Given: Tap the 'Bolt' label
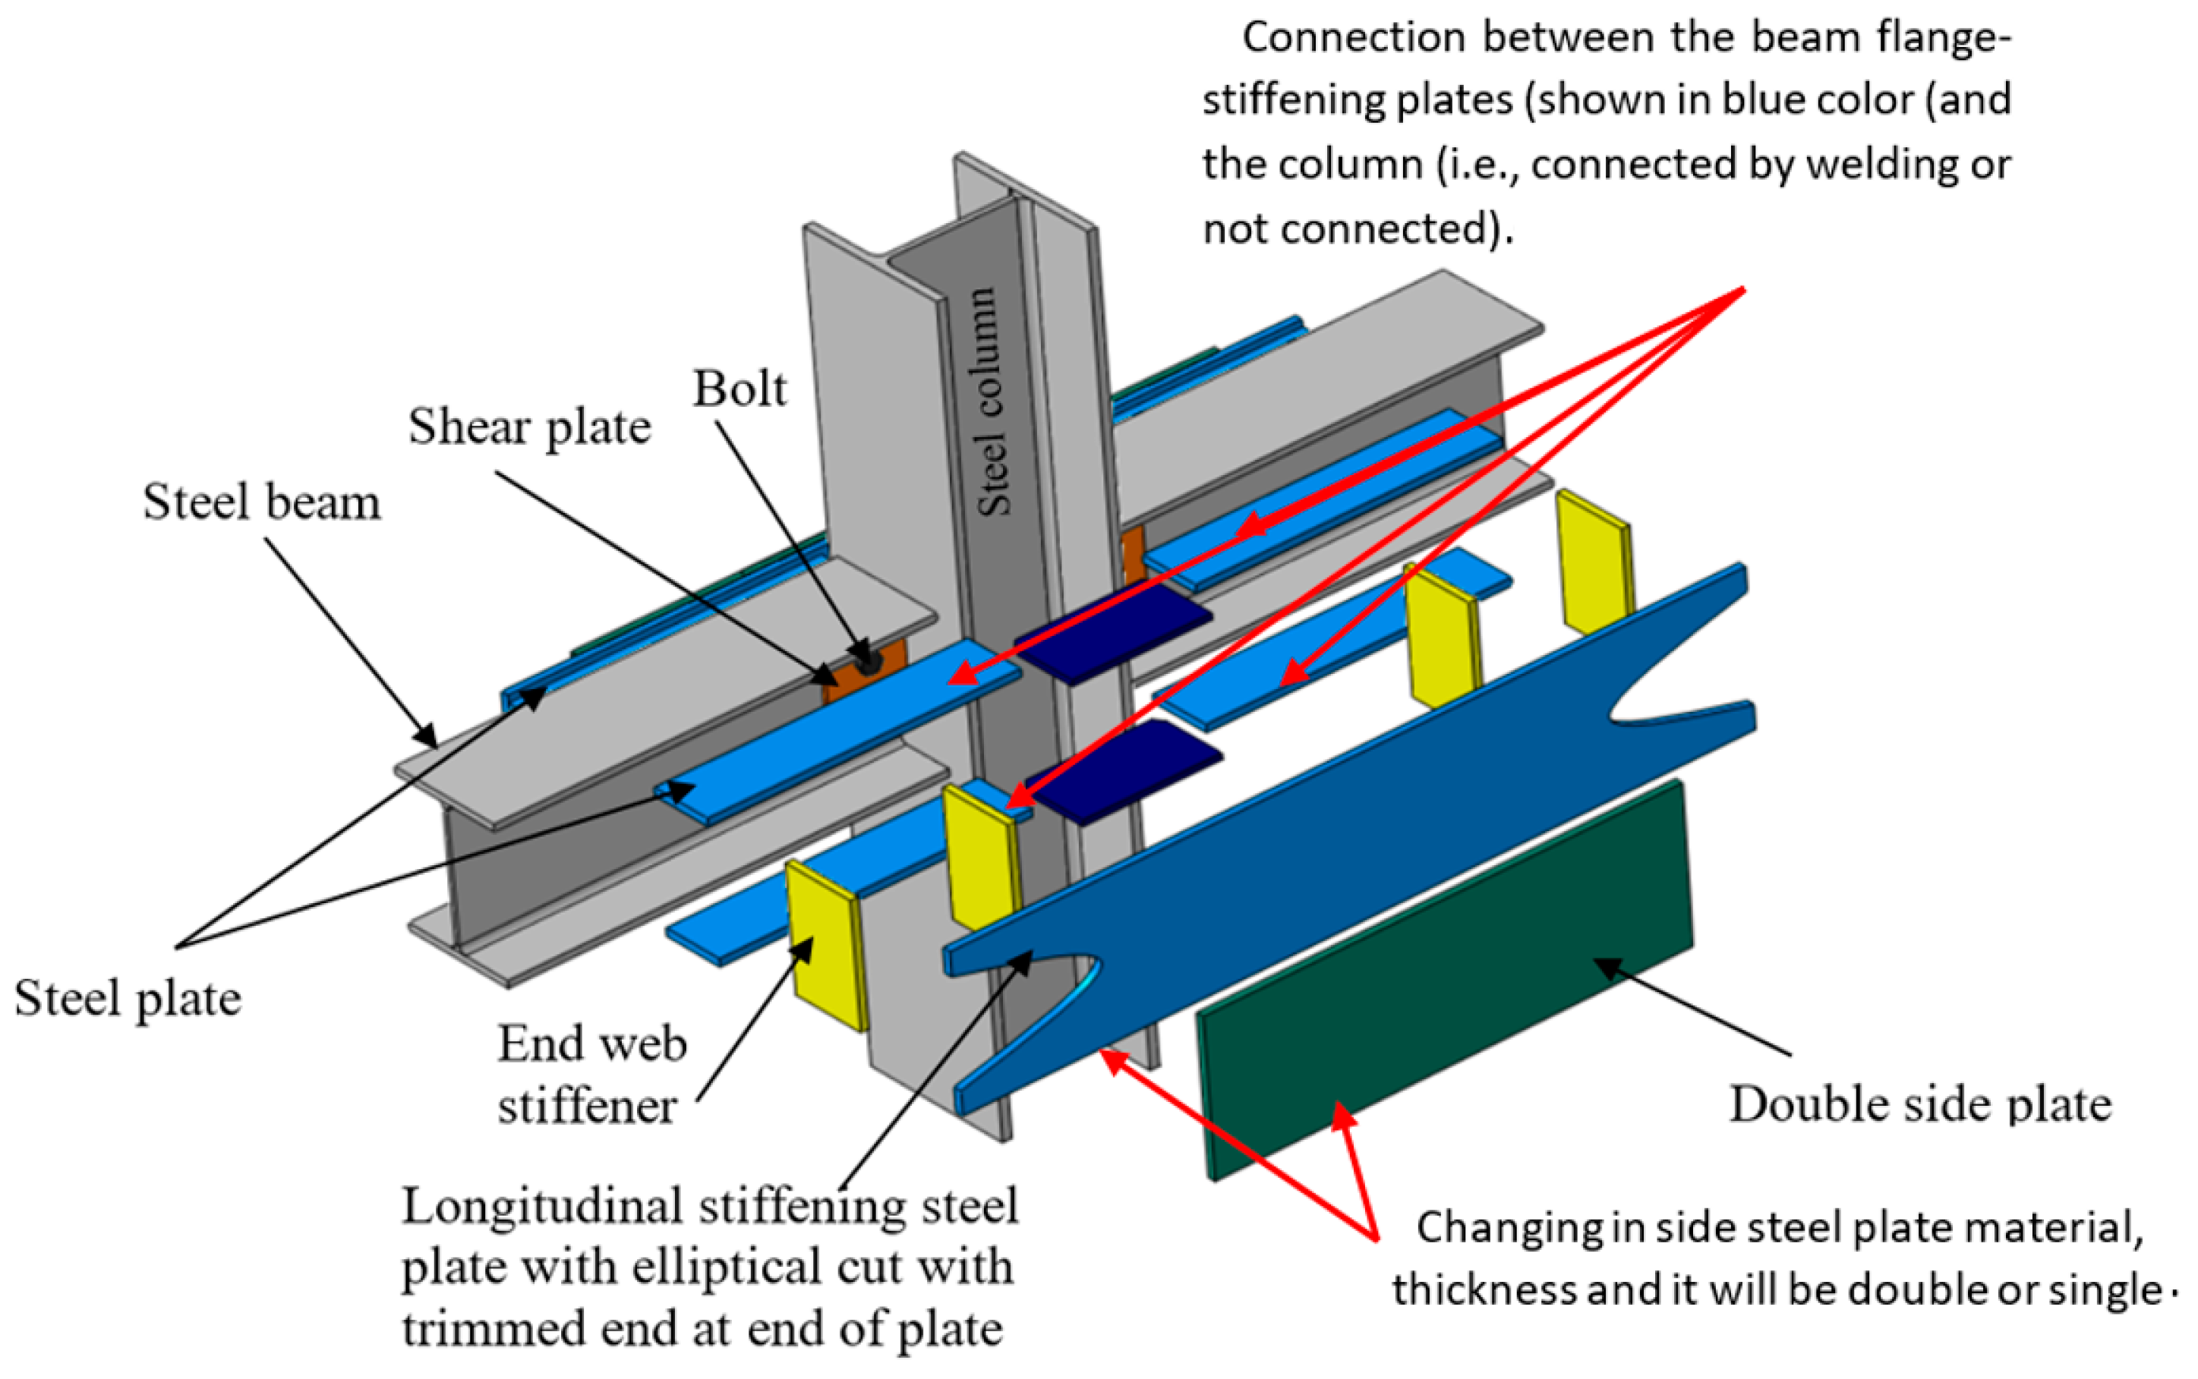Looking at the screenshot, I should tap(738, 389).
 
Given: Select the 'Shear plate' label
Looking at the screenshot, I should tap(529, 427).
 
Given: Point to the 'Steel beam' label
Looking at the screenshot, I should tap(262, 502).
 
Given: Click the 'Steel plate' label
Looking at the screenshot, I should tap(128, 998).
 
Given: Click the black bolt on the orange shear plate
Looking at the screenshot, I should tap(868, 663).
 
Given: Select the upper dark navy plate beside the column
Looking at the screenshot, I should tap(1113, 632).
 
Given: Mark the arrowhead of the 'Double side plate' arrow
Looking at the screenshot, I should tap(1603, 965).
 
